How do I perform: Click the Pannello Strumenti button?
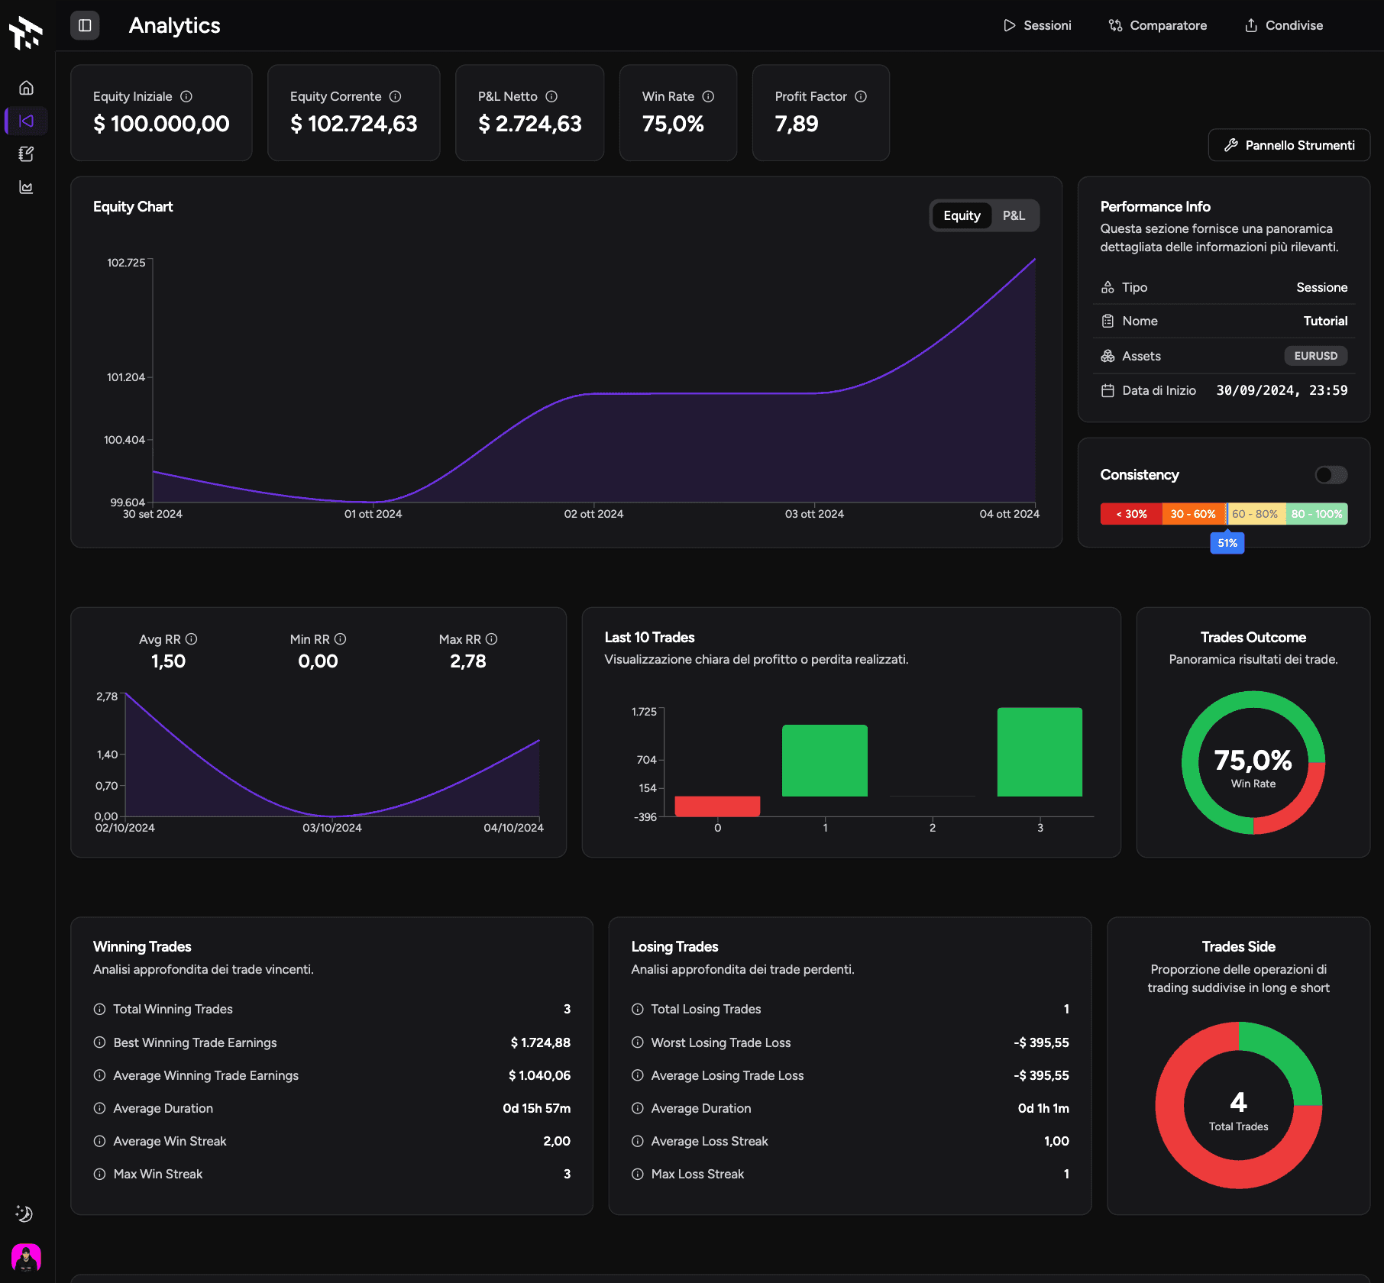pyautogui.click(x=1289, y=145)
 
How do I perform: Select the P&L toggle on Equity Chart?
pyautogui.click(x=1014, y=216)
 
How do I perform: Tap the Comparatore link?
pyautogui.click(x=1158, y=25)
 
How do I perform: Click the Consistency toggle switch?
pyautogui.click(x=1331, y=475)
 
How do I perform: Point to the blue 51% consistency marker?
pyautogui.click(x=1227, y=543)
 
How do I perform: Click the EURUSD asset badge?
pyautogui.click(x=1315, y=356)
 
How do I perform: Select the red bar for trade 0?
pyautogui.click(x=717, y=806)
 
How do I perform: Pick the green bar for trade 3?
pyautogui.click(x=1040, y=752)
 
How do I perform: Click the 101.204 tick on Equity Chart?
pyautogui.click(x=126, y=377)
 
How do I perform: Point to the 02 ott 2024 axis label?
pyautogui.click(x=593, y=514)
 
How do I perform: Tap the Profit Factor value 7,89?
pyautogui.click(x=797, y=124)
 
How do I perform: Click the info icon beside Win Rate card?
pyautogui.click(x=708, y=96)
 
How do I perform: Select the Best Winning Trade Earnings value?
pyautogui.click(x=540, y=1042)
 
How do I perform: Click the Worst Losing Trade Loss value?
pyautogui.click(x=1041, y=1042)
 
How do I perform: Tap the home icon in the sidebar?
pyautogui.click(x=26, y=88)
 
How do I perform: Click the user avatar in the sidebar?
pyautogui.click(x=26, y=1257)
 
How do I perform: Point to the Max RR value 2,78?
pyautogui.click(x=467, y=661)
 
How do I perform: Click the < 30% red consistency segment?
pyautogui.click(x=1131, y=514)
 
